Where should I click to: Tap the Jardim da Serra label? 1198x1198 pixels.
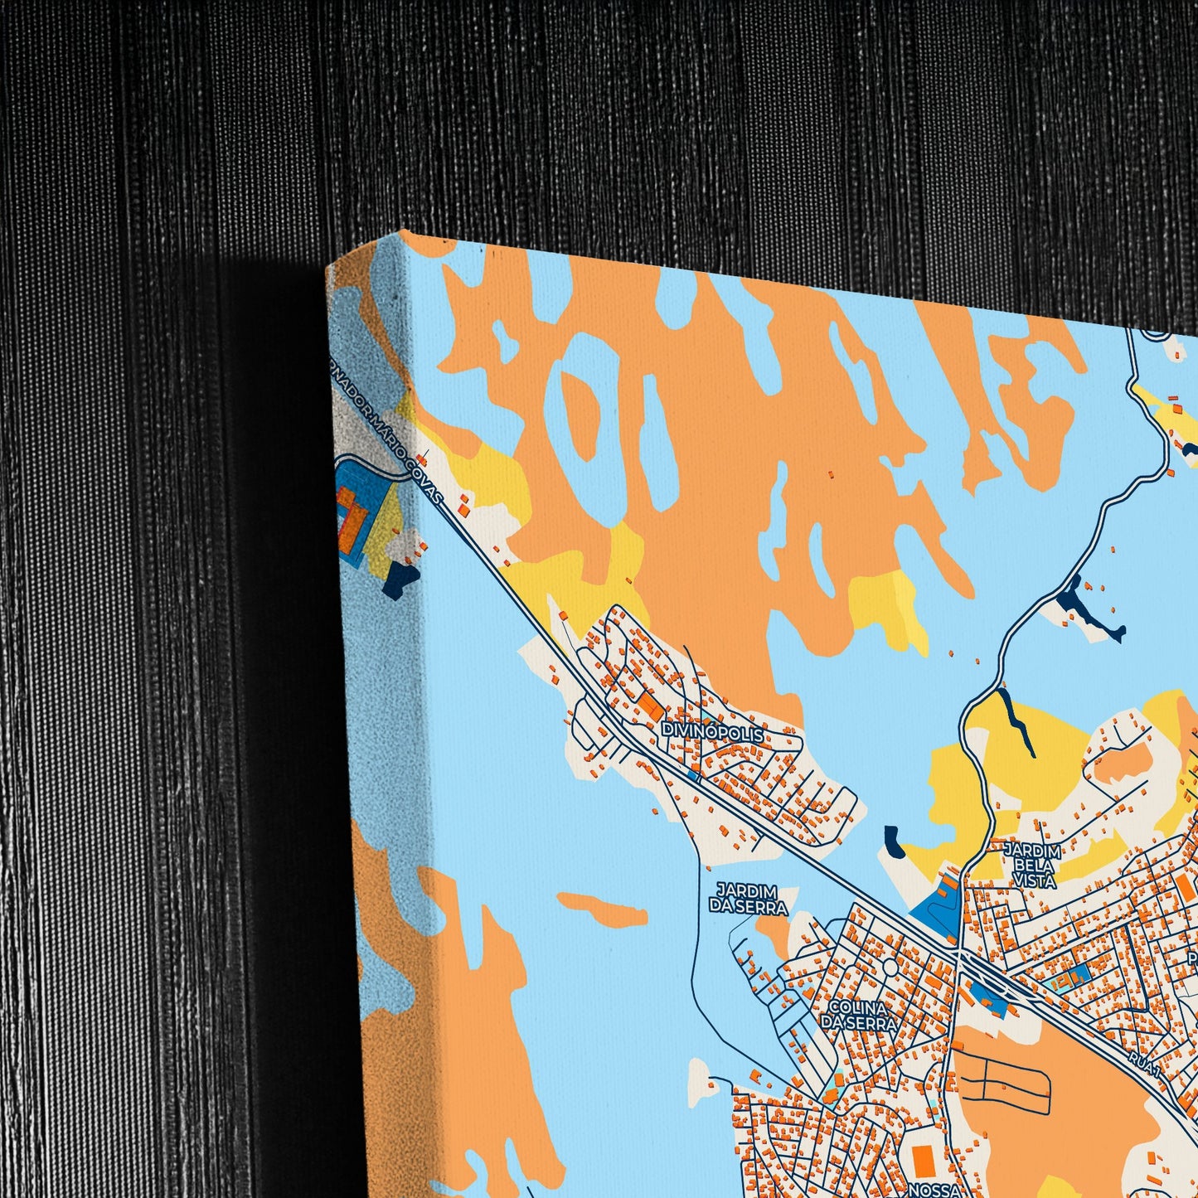[748, 898]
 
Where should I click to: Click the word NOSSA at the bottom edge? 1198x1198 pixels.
[932, 1191]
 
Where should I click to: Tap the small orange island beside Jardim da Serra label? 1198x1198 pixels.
[604, 909]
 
